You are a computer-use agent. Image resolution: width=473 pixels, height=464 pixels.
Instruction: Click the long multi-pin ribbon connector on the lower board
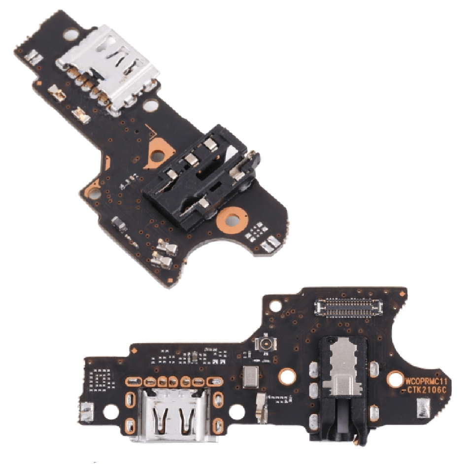(348, 308)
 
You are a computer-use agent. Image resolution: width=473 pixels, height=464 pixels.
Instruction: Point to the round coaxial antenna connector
(267, 344)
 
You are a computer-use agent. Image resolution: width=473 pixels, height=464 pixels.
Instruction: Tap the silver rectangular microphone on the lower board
(251, 376)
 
